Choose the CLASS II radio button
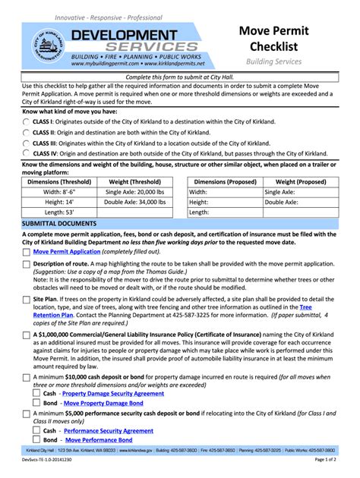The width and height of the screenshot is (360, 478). [27, 132]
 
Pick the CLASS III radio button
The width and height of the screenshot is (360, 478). [27, 143]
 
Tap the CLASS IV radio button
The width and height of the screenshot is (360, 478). [27, 153]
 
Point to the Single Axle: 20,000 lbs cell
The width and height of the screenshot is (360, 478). [134, 193]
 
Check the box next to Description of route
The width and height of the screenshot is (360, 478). [27, 264]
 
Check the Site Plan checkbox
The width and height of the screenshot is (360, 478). [27, 300]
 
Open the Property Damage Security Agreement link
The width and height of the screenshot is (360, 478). [112, 395]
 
